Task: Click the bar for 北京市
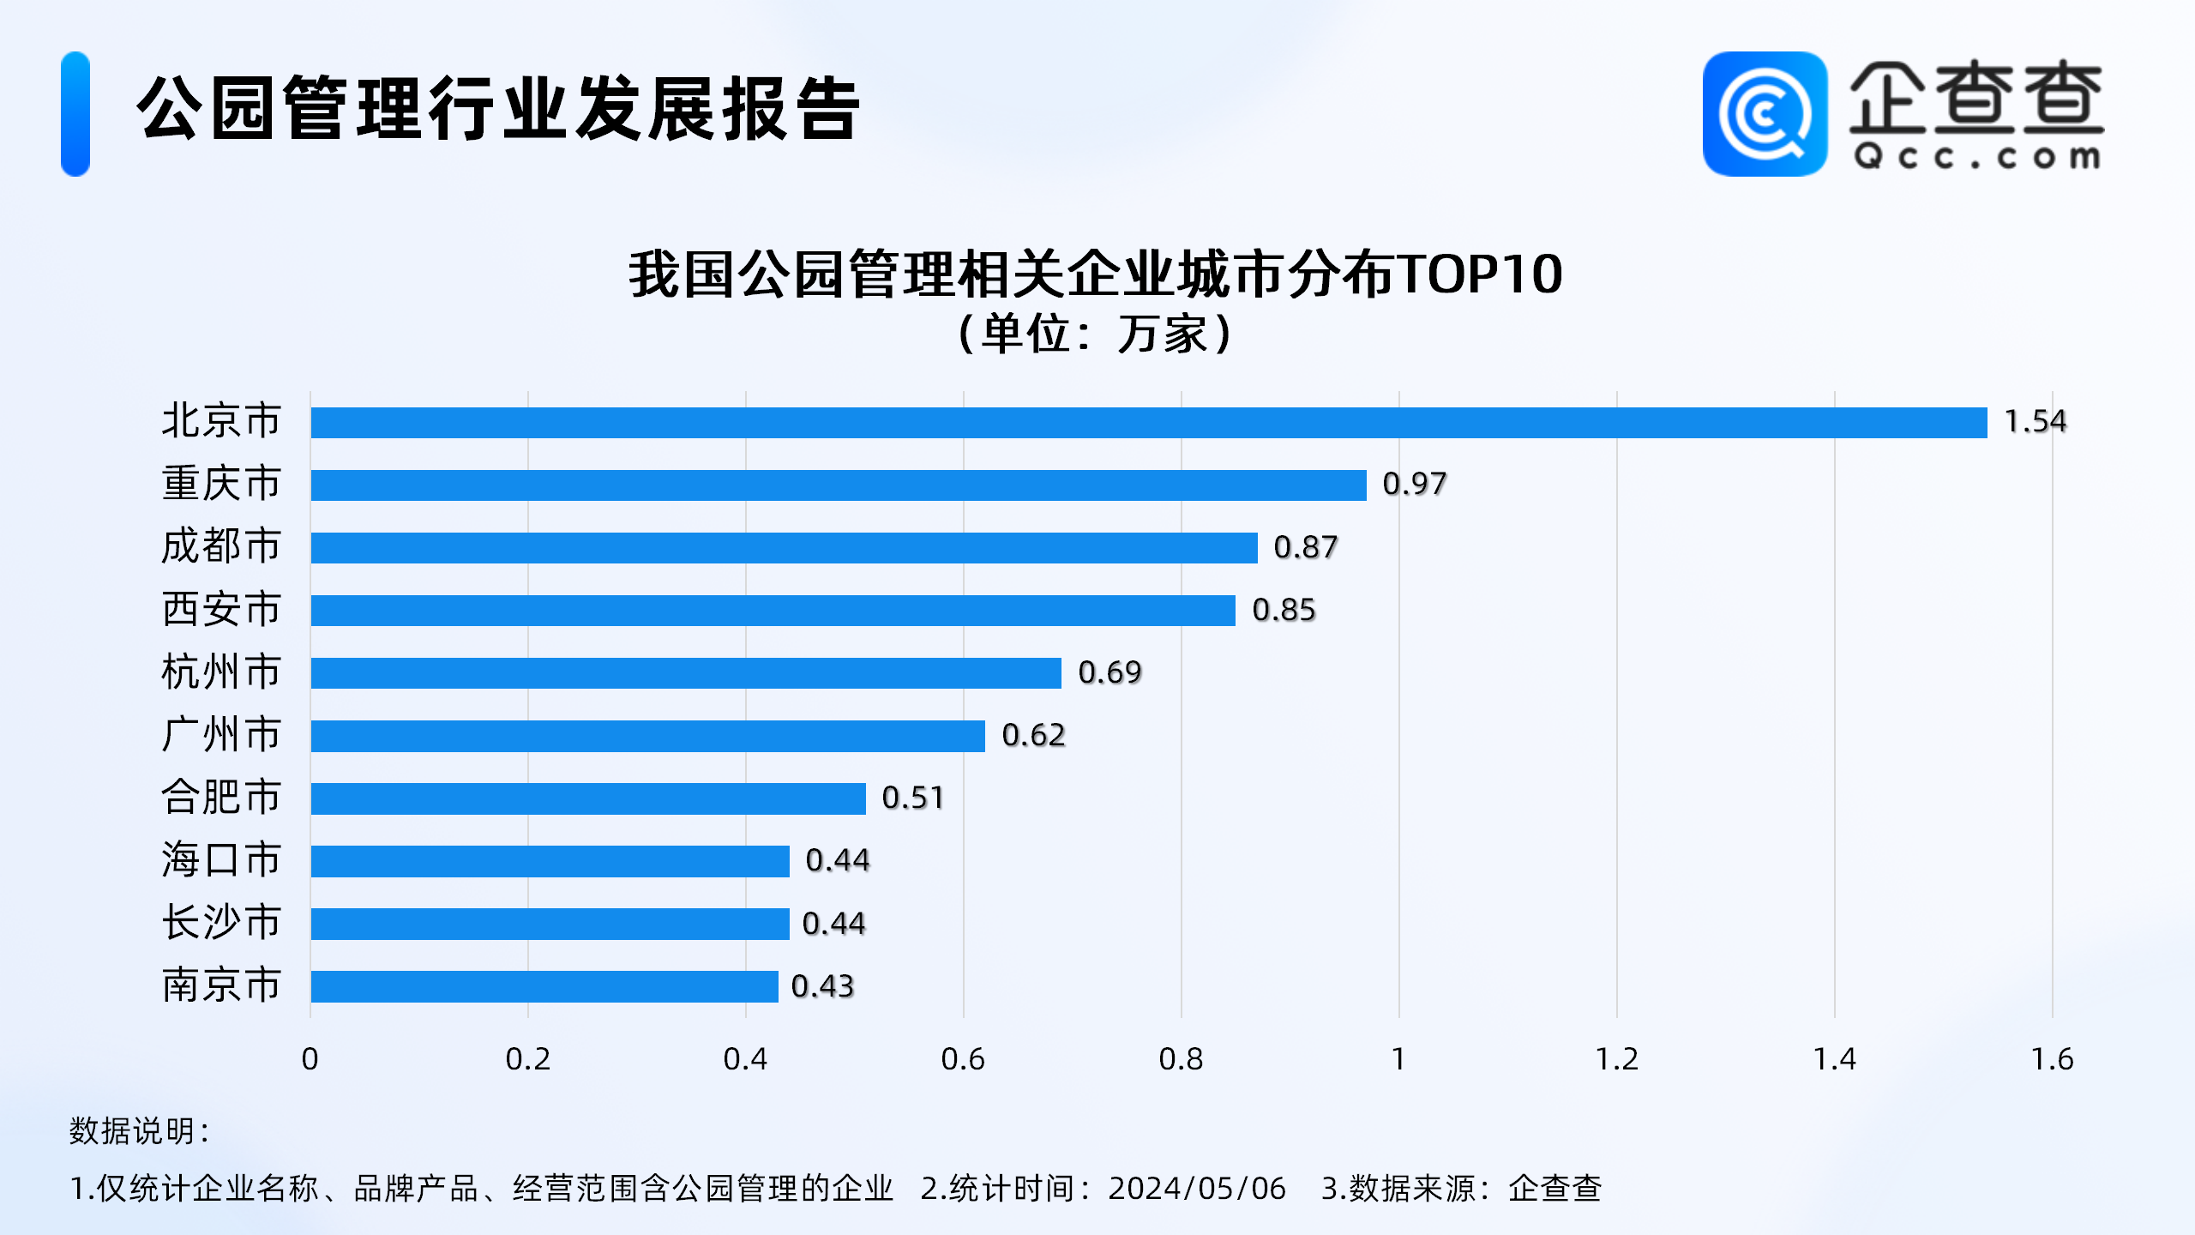(x=1149, y=422)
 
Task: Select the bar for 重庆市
(x=839, y=485)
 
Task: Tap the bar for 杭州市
(x=686, y=672)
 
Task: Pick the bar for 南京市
(x=544, y=986)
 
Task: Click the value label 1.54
(x=2035, y=421)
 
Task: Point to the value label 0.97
(x=1414, y=484)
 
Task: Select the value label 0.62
(x=1033, y=735)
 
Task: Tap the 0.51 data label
(x=912, y=798)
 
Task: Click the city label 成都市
(x=221, y=546)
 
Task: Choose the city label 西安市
(x=221, y=610)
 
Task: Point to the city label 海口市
(x=221, y=860)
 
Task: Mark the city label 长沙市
(x=221, y=923)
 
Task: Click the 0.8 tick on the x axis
(x=1181, y=1059)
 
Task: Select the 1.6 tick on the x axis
(x=2052, y=1059)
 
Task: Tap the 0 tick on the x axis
(x=310, y=1059)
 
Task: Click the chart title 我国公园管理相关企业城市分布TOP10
(x=1096, y=274)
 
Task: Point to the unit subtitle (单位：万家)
(x=1096, y=334)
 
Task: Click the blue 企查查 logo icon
(x=1765, y=114)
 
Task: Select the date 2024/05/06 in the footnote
(x=1197, y=1188)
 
